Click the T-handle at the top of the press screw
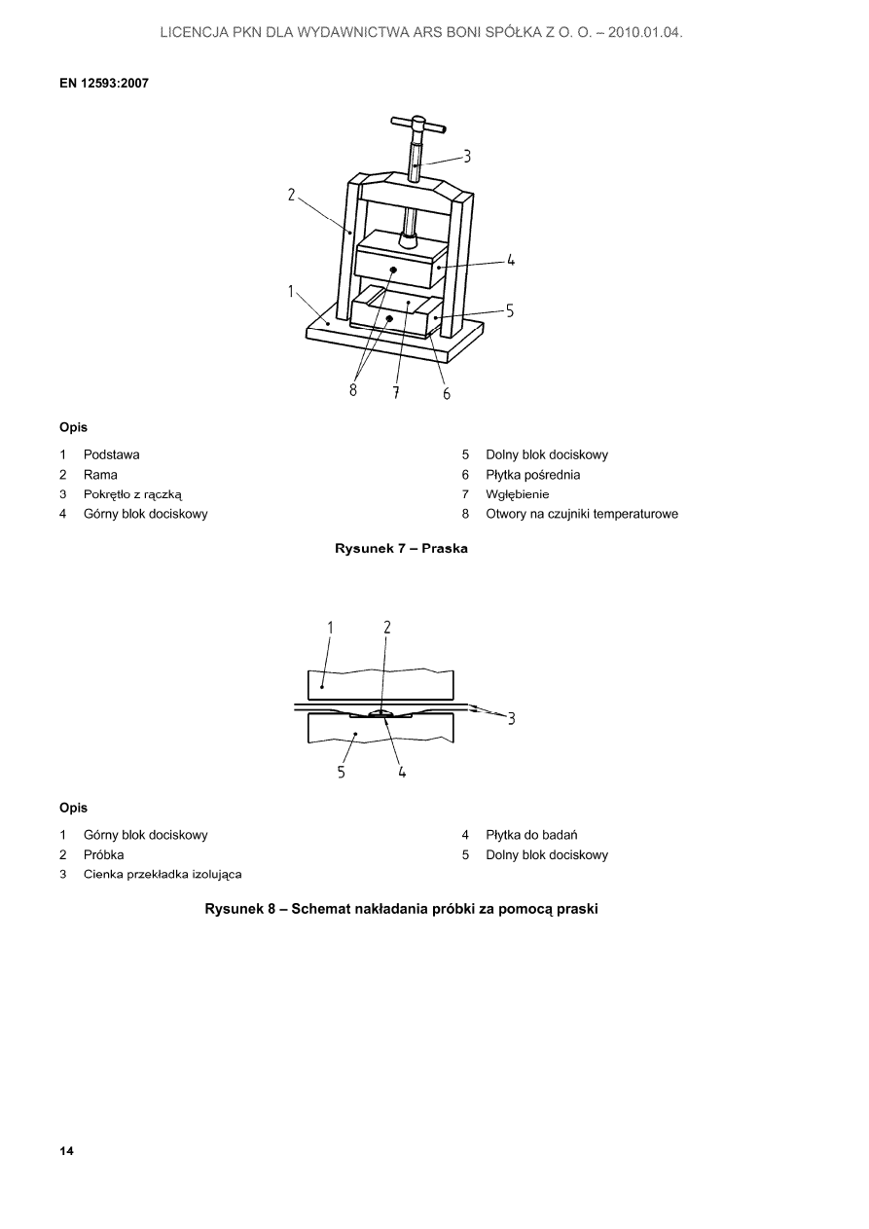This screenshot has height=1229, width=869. (x=418, y=125)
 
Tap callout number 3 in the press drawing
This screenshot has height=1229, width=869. (x=466, y=156)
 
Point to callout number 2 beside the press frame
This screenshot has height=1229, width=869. (x=292, y=195)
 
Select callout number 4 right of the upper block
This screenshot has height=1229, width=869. (x=510, y=261)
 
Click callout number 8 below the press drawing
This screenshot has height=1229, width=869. (x=353, y=390)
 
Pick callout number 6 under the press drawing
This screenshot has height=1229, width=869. (x=446, y=393)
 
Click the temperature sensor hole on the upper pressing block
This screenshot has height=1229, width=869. (x=393, y=270)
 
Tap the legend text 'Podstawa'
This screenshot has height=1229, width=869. (x=111, y=454)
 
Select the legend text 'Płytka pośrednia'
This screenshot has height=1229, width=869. (x=532, y=475)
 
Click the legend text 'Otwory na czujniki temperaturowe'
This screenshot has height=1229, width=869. (x=582, y=514)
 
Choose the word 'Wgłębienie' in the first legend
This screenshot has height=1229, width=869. (x=517, y=494)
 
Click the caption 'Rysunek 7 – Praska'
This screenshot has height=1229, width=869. (x=401, y=549)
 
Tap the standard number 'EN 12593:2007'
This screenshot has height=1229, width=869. (x=104, y=83)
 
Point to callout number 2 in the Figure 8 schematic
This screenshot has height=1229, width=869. (x=387, y=628)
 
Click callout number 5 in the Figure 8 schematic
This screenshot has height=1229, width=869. (x=342, y=772)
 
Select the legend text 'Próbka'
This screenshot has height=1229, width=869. (x=103, y=854)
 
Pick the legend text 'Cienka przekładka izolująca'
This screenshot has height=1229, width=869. (x=163, y=875)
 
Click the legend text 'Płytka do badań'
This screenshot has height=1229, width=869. (x=531, y=835)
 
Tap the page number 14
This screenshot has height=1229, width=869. (x=66, y=1151)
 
